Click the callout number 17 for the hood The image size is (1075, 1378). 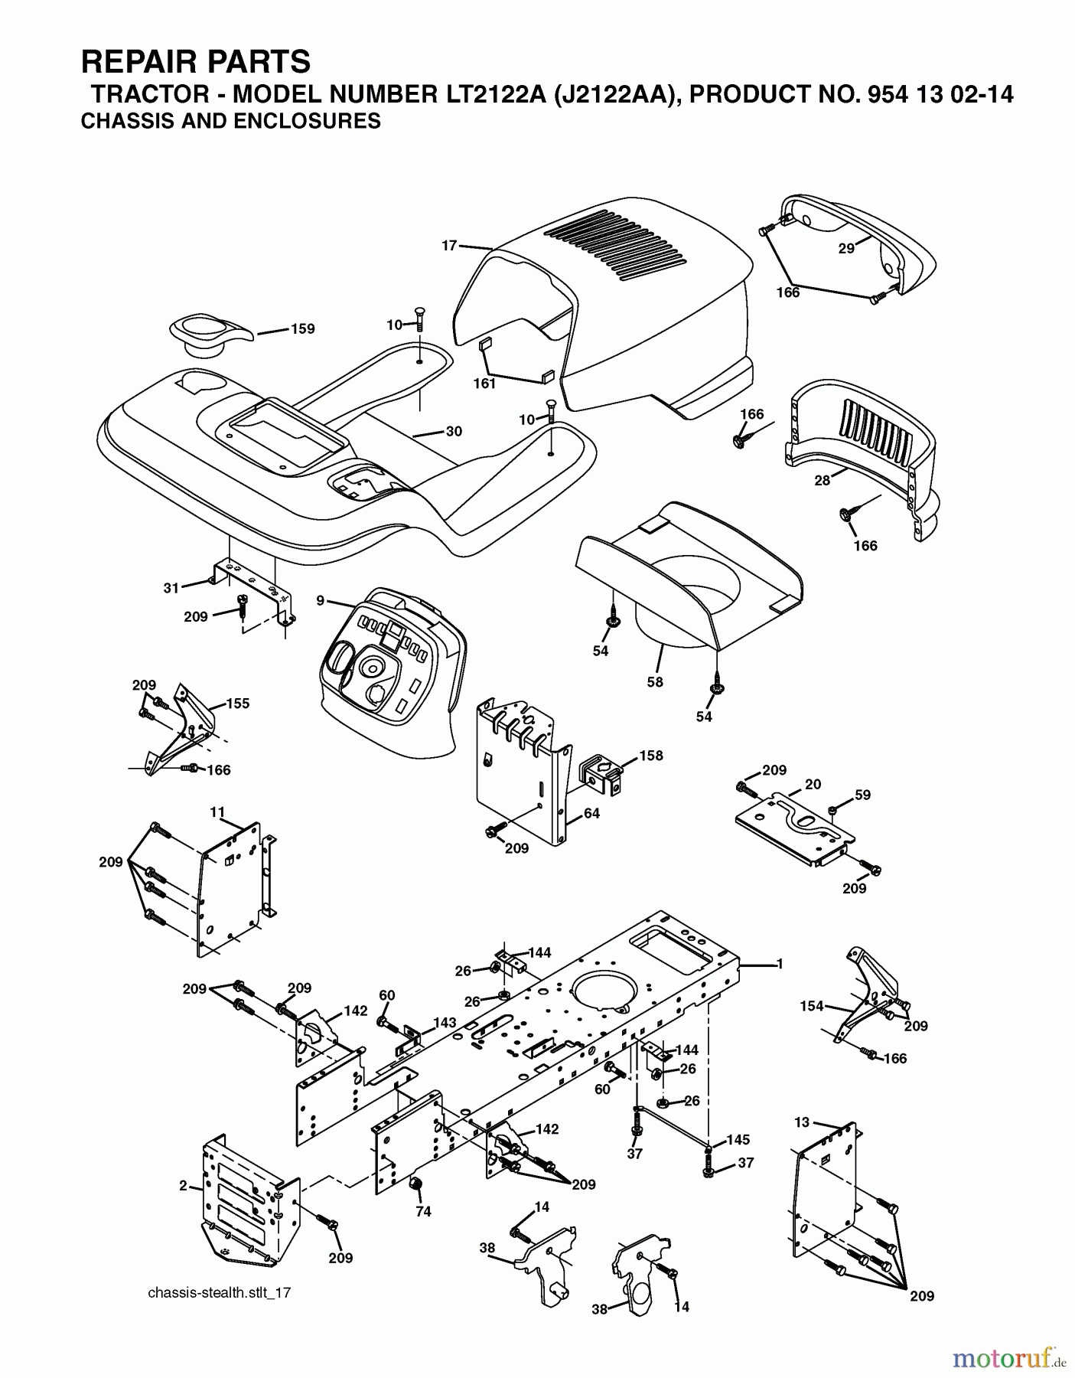click(x=449, y=246)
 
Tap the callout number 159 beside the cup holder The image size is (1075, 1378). click(x=302, y=329)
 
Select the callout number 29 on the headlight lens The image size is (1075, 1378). click(x=845, y=249)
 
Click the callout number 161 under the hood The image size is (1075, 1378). click(x=484, y=384)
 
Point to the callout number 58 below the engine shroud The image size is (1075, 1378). click(x=655, y=681)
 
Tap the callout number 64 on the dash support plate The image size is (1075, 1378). click(x=591, y=813)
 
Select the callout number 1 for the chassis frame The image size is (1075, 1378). click(x=780, y=965)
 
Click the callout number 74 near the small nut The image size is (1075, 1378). click(x=423, y=1211)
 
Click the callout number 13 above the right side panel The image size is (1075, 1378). click(x=801, y=1122)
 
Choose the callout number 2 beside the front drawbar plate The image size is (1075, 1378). click(x=183, y=1186)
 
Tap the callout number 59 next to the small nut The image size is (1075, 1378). click(x=862, y=795)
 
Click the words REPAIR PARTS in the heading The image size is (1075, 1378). click(x=196, y=60)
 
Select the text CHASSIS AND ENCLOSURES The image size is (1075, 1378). click(x=230, y=121)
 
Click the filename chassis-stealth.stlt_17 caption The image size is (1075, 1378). click(x=219, y=1293)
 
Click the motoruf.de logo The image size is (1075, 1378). click(x=1009, y=1359)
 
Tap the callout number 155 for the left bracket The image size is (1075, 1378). click(x=238, y=704)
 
